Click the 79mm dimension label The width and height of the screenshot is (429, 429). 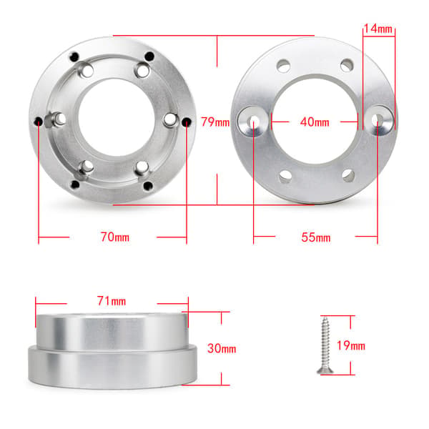click(215, 122)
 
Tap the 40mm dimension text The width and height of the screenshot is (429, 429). click(315, 122)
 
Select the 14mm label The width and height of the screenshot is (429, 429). click(378, 29)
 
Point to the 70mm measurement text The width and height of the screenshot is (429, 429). click(115, 237)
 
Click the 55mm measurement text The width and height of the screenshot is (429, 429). click(316, 237)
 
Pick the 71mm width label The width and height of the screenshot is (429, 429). click(112, 301)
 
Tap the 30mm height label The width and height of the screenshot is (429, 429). click(222, 348)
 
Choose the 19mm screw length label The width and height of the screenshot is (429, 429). click(351, 345)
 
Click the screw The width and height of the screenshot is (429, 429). click(325, 345)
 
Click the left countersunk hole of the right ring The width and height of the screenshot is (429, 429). click(253, 122)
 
